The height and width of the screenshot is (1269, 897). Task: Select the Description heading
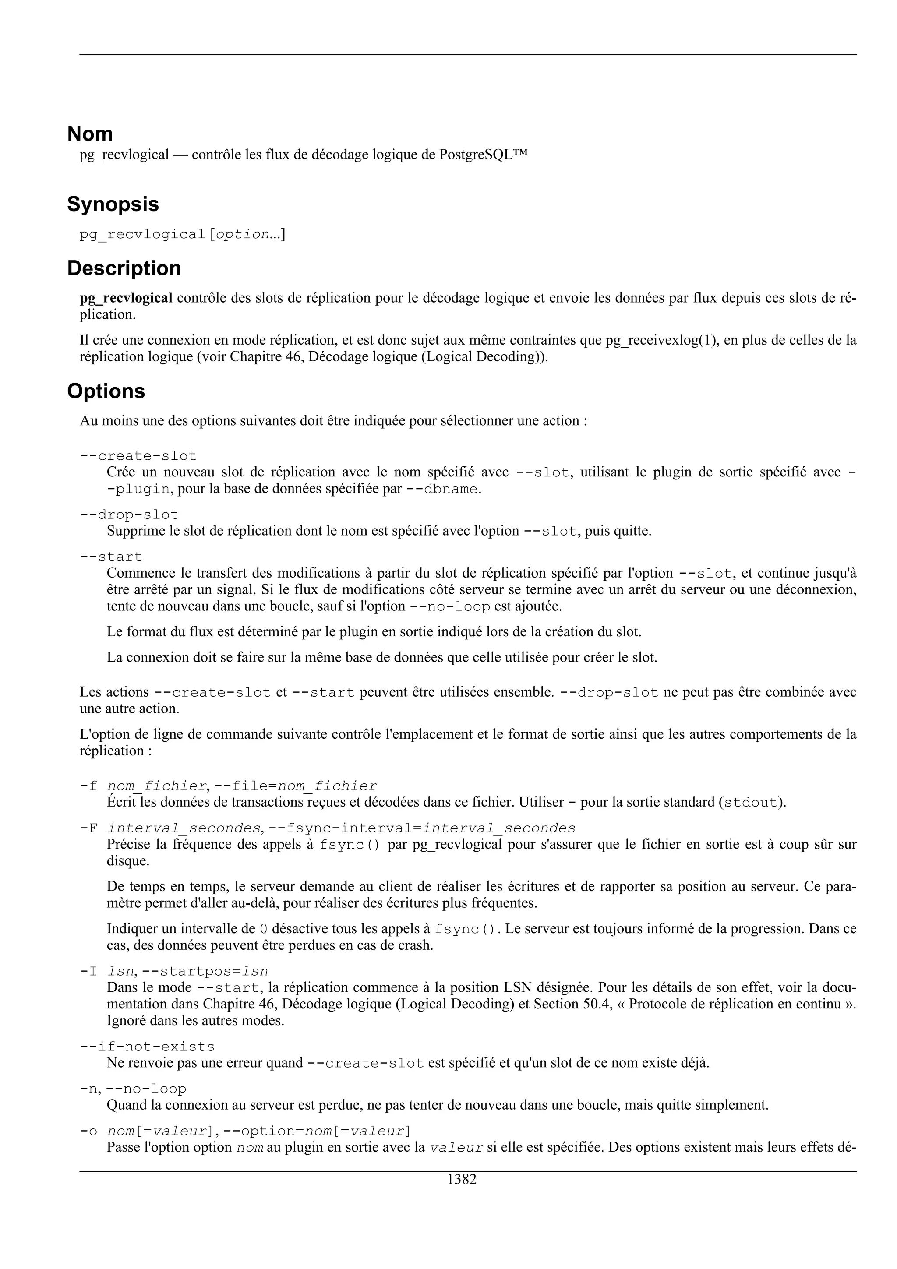pyautogui.click(x=124, y=268)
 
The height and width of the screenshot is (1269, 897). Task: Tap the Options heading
pyautogui.click(x=106, y=391)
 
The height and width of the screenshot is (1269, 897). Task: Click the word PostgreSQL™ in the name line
pyautogui.click(x=483, y=155)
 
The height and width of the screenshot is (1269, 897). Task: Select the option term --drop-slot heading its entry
pyautogui.click(x=129, y=515)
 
